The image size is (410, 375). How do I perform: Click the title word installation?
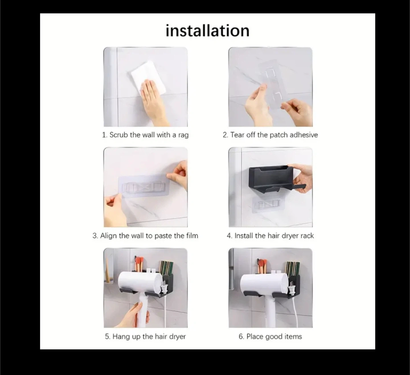tap(208, 31)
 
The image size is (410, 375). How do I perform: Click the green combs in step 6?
tap(292, 268)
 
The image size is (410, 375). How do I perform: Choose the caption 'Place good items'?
tap(270, 337)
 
